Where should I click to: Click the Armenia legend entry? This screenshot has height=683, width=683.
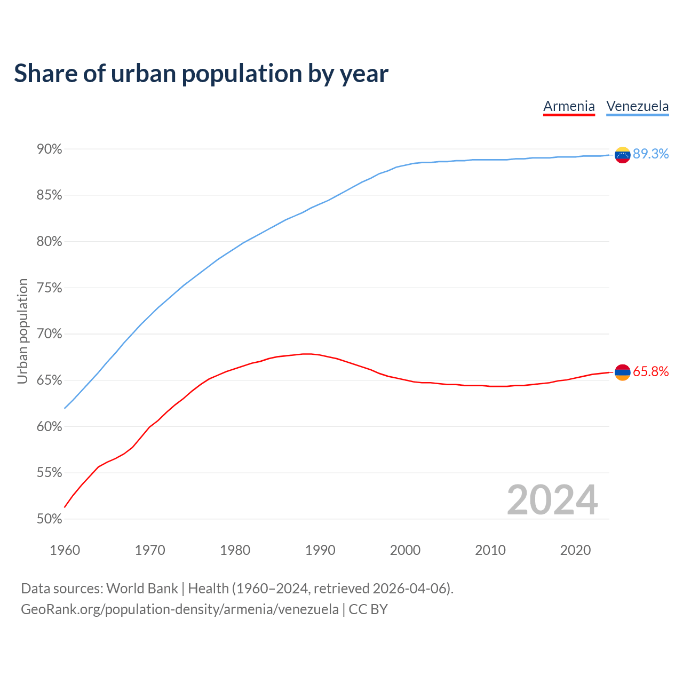569,106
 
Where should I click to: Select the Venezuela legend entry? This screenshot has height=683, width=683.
637,106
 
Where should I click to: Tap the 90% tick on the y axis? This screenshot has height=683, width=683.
50,149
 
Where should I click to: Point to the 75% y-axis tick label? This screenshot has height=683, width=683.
50,288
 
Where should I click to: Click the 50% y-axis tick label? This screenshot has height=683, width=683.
50,519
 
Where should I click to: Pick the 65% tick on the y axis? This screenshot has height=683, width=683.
50,380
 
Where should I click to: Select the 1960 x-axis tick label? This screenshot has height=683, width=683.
65,550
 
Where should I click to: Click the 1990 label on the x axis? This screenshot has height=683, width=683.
320,550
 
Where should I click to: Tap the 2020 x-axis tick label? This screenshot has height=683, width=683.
575,550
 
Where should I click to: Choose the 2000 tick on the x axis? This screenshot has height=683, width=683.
405,550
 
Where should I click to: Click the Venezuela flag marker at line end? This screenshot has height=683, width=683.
622,155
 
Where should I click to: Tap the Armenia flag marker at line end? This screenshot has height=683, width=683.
622,372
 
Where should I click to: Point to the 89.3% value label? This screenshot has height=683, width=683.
650,154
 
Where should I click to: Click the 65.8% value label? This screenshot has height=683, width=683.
650,372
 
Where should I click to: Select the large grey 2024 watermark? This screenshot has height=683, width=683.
552,500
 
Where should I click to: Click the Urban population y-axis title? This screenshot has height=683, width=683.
22,331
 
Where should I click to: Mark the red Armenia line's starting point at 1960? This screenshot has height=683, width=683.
65,507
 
